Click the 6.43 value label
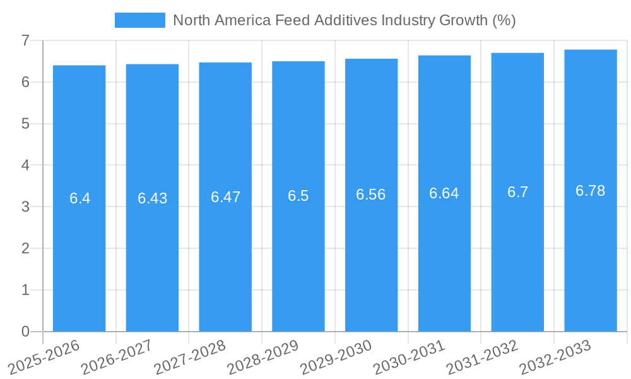click(x=153, y=198)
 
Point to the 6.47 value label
click(x=226, y=197)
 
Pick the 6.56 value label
click(x=371, y=195)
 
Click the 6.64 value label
click(x=444, y=193)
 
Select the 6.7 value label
click(x=517, y=192)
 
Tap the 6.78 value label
click(x=591, y=191)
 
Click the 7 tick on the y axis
click(x=25, y=40)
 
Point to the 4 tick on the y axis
click(x=25, y=165)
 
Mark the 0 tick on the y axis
click(x=25, y=332)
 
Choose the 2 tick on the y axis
click(x=25, y=248)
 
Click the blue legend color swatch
click(x=139, y=20)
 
